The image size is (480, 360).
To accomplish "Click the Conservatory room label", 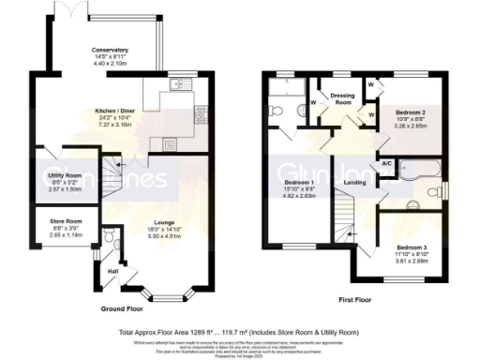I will tap(110, 49).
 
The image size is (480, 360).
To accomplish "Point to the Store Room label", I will tap(66, 221).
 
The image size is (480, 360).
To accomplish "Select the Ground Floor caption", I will tap(123, 307).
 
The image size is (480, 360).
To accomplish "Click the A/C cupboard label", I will tap(387, 163).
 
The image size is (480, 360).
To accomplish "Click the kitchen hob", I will tap(200, 112).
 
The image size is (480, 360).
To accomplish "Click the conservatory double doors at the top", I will tap(72, 9).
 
